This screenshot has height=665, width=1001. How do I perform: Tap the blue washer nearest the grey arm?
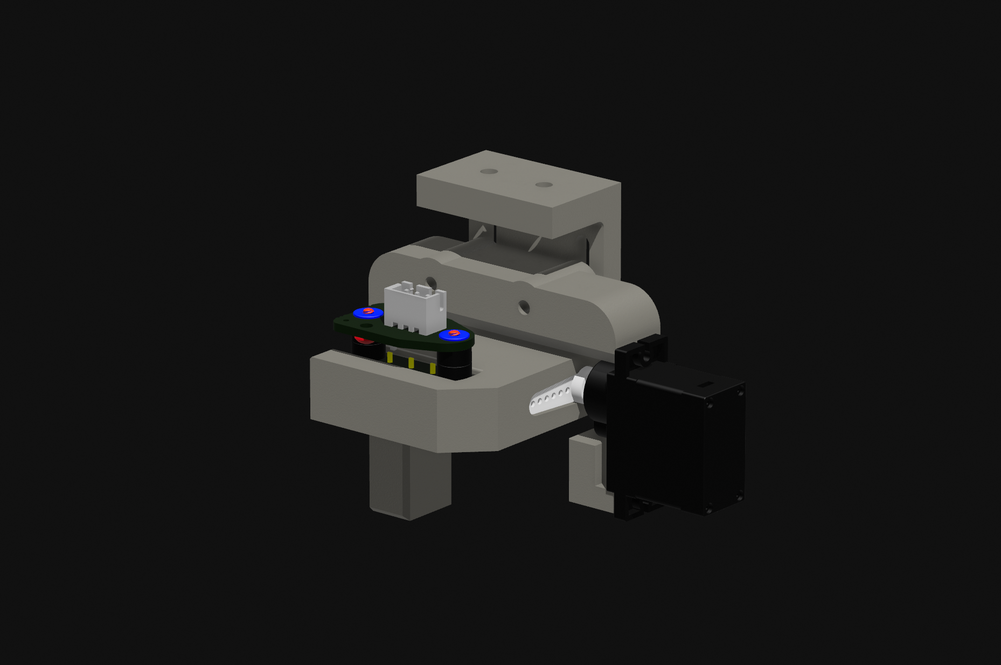pyautogui.click(x=454, y=335)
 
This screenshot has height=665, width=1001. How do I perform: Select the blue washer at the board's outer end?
pyautogui.click(x=367, y=313)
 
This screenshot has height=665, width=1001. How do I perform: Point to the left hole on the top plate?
pyautogui.click(x=489, y=171)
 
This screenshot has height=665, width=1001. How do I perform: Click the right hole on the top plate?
pyautogui.click(x=544, y=185)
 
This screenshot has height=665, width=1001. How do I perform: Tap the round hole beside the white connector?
pyautogui.click(x=431, y=282)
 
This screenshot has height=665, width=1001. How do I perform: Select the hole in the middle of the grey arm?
pyautogui.click(x=524, y=308)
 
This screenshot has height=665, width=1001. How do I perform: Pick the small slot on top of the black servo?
pyautogui.click(x=706, y=385)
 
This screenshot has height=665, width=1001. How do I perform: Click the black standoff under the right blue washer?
pyautogui.click(x=454, y=361)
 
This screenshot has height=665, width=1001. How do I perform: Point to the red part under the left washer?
pyautogui.click(x=362, y=340)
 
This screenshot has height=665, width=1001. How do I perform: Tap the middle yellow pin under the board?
pyautogui.click(x=411, y=363)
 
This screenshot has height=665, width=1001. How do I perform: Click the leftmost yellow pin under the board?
pyautogui.click(x=390, y=357)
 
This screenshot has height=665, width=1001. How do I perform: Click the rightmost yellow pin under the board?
pyautogui.click(x=433, y=369)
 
